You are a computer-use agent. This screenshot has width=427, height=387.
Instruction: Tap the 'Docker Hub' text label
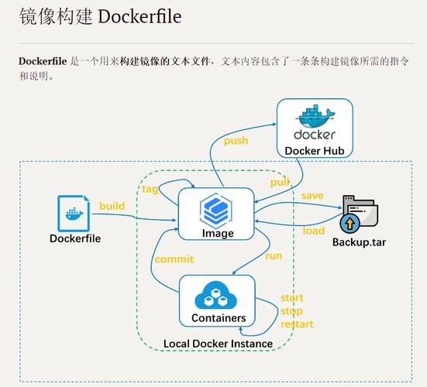[x=315, y=150]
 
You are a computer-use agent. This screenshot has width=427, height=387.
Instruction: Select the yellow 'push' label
[x=236, y=141]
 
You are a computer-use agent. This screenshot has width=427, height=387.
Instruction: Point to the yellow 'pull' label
[x=280, y=182]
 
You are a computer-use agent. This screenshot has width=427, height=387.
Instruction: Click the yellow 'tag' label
[x=150, y=190]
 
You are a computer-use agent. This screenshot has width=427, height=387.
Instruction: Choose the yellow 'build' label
[x=112, y=206]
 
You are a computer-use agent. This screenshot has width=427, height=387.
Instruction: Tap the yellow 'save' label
[x=312, y=196]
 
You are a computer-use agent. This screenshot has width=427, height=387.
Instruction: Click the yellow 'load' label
[x=314, y=231]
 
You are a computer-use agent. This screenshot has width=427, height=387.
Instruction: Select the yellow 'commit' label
[x=174, y=259]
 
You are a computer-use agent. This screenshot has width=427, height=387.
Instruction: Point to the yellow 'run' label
[x=274, y=255]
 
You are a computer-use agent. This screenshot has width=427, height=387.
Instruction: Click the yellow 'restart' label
[x=297, y=324]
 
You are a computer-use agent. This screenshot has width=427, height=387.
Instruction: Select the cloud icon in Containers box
[x=218, y=296]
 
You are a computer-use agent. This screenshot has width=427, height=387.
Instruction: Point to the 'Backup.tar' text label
[x=359, y=242]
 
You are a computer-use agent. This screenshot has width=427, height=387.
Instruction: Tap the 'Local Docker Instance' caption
[x=218, y=343]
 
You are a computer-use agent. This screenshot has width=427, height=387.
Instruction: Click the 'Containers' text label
[x=218, y=318]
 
